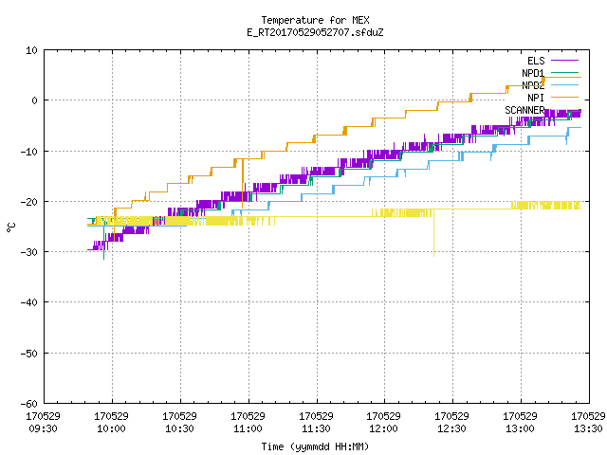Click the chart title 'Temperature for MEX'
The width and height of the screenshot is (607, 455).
point(315,20)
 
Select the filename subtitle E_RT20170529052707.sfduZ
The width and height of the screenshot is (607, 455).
point(315,32)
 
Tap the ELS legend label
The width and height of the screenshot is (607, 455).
point(536,61)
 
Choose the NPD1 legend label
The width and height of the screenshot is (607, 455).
point(533,73)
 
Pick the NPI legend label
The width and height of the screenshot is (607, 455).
point(536,98)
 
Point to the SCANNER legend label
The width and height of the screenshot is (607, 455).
point(524,110)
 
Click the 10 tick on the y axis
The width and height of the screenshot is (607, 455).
point(31,50)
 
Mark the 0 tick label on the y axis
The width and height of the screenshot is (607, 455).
point(34,100)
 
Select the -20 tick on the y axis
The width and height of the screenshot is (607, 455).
point(29,202)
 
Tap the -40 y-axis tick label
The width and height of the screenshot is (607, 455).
point(29,302)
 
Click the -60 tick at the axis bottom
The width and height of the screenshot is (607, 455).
point(29,404)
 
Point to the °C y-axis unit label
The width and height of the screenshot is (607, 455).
point(10,227)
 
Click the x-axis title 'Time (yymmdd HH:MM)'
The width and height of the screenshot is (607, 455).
point(315,446)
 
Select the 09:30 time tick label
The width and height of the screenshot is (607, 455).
point(43,428)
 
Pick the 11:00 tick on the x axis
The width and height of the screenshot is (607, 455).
point(248,428)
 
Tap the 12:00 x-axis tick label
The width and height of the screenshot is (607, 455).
point(383,428)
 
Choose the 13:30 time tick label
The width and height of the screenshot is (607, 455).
point(588,428)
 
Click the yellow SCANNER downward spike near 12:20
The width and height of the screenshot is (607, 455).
point(433,232)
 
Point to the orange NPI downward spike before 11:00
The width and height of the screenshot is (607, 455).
point(243,183)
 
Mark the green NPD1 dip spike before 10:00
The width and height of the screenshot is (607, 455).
point(103,239)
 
